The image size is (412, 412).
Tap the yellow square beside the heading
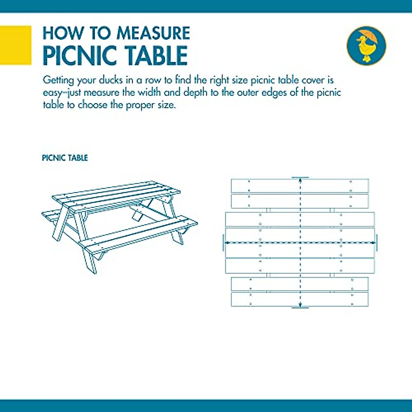point(15,45)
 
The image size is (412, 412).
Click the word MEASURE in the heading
point(153,33)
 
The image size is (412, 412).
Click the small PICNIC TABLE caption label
point(65,158)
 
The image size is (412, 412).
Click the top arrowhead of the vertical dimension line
point(300,180)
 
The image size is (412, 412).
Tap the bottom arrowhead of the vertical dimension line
point(300,305)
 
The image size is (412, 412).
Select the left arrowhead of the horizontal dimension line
point(227,242)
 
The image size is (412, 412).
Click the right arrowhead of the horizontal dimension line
point(374,242)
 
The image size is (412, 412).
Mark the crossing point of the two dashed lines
point(300,242)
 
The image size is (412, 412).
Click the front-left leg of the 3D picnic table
point(89,261)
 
